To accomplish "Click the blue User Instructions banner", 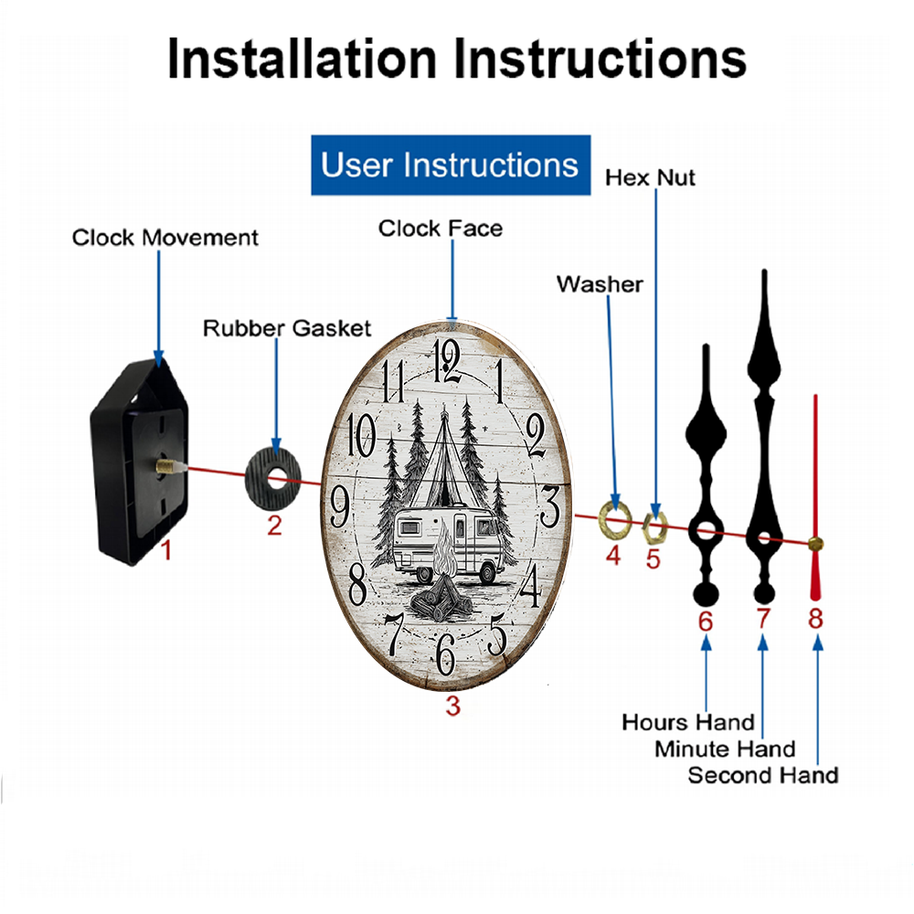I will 450,165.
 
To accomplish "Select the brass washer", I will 612,517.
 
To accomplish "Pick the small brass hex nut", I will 654,526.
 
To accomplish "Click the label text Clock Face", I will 441,228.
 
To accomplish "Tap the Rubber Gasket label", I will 287,327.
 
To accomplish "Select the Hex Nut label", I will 650,177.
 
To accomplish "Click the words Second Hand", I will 762,776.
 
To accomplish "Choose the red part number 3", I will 452,706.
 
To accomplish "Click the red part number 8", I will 815,619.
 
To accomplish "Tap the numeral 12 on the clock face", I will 448,359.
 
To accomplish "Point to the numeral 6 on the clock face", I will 445,652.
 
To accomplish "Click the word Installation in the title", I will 303,58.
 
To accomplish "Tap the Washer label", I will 600,284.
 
